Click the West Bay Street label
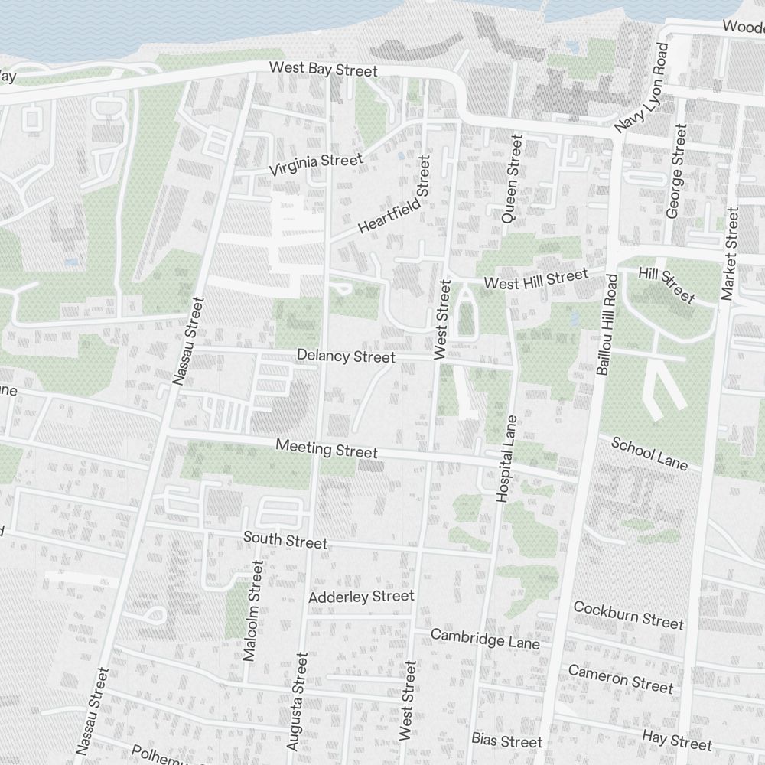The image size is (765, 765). [x=323, y=70]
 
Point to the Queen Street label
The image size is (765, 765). [x=511, y=179]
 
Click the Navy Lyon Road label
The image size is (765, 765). [x=642, y=87]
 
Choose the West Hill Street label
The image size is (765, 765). [x=536, y=278]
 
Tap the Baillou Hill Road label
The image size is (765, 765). [x=606, y=324]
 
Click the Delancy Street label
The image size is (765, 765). [x=346, y=356]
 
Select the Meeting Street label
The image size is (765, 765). [x=327, y=448]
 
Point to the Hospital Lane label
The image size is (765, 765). [x=506, y=459]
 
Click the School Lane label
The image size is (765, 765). [x=649, y=454]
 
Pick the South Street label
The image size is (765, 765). [x=285, y=540]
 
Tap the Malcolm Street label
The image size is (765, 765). [x=252, y=610]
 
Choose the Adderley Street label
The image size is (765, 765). [x=361, y=596]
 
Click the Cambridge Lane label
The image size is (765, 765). [x=485, y=639]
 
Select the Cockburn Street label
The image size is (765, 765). [x=628, y=615]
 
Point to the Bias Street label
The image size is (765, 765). [x=506, y=741]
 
